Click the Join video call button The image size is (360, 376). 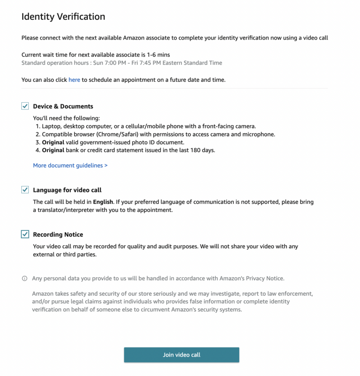click(x=181, y=355)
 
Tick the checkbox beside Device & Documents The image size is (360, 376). click(x=25, y=107)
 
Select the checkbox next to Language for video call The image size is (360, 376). click(x=25, y=190)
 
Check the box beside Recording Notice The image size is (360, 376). click(x=25, y=235)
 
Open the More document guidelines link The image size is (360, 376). click(x=70, y=165)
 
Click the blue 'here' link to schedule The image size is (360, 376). click(x=74, y=80)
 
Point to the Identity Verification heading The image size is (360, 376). click(x=63, y=17)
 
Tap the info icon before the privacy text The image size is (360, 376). click(x=24, y=279)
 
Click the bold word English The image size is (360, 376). click(x=103, y=202)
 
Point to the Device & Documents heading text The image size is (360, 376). click(x=63, y=107)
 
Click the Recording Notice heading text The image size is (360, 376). click(x=58, y=235)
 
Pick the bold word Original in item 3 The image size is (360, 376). click(x=53, y=142)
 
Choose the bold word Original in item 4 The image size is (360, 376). click(x=53, y=150)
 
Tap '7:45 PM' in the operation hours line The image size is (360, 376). click(x=142, y=63)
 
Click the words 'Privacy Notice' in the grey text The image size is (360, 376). click(x=265, y=278)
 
